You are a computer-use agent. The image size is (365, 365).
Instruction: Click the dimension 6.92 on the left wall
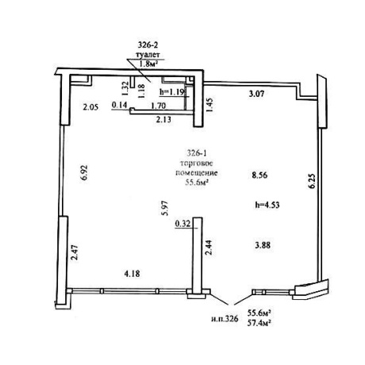coord(84,172)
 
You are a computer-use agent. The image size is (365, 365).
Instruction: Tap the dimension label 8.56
coord(259,175)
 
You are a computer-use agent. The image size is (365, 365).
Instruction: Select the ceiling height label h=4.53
coord(267,205)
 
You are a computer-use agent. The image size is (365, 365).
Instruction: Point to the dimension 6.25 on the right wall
coord(312,181)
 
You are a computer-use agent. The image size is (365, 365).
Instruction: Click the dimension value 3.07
coord(256,94)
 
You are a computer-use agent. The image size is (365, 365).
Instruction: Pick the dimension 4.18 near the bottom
coord(132,274)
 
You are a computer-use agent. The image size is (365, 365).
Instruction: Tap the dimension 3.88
coord(263,245)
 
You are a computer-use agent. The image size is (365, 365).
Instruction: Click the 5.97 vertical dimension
coord(166,208)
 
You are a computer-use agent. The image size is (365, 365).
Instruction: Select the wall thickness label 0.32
coord(182,224)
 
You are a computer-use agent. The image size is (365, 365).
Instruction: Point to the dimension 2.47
coord(75,252)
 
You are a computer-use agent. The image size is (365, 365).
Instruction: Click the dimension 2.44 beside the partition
coord(209,248)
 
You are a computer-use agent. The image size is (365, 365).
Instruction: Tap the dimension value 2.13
coord(163,120)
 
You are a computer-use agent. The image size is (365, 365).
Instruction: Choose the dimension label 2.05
coord(90,107)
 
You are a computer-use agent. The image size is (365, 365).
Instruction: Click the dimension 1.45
coord(209,105)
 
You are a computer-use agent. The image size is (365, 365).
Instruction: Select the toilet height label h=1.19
coord(173,92)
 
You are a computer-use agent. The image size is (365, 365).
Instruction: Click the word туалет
coord(148,55)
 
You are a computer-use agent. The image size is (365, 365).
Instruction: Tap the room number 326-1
coord(197,152)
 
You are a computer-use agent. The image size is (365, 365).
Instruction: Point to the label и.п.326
coord(225,319)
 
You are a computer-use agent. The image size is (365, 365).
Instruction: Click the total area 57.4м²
coord(260,323)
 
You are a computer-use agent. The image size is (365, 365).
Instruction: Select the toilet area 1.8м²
coord(148,64)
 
